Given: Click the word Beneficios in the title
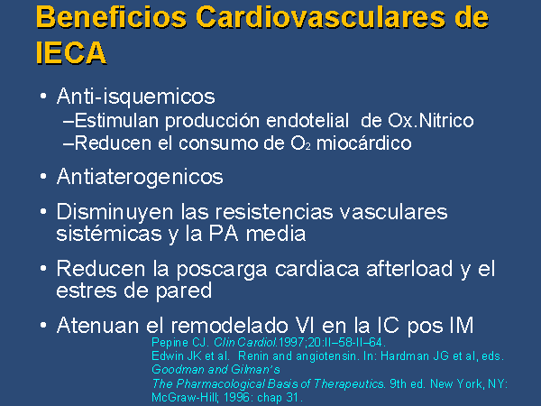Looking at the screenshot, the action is pyautogui.click(x=111, y=17).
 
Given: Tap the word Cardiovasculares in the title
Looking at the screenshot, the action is pyautogui.click(x=320, y=17).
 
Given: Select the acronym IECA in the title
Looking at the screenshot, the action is pyautogui.click(x=71, y=53).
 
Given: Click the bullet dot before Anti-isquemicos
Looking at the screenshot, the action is pyautogui.click(x=43, y=96).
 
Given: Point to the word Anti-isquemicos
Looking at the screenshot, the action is pyautogui.click(x=136, y=96).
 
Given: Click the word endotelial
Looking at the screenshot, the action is pyautogui.click(x=307, y=121).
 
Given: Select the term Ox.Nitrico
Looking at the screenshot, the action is pyautogui.click(x=431, y=121).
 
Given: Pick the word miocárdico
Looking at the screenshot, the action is pyautogui.click(x=364, y=143).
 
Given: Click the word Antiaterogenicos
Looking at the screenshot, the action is pyautogui.click(x=140, y=177).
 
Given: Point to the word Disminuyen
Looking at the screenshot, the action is pyautogui.click(x=115, y=212).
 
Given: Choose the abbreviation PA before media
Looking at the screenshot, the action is pyautogui.click(x=224, y=234).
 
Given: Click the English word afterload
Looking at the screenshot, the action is pyautogui.click(x=409, y=269).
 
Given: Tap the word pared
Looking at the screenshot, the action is pyautogui.click(x=184, y=291).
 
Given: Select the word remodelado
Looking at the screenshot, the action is pyautogui.click(x=229, y=325).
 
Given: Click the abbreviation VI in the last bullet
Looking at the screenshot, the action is pyautogui.click(x=306, y=325).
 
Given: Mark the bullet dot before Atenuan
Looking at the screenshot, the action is pyautogui.click(x=43, y=325).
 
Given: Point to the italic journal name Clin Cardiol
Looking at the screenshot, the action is pyautogui.click(x=245, y=343).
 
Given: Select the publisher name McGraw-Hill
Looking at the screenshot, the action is pyautogui.click(x=185, y=397).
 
